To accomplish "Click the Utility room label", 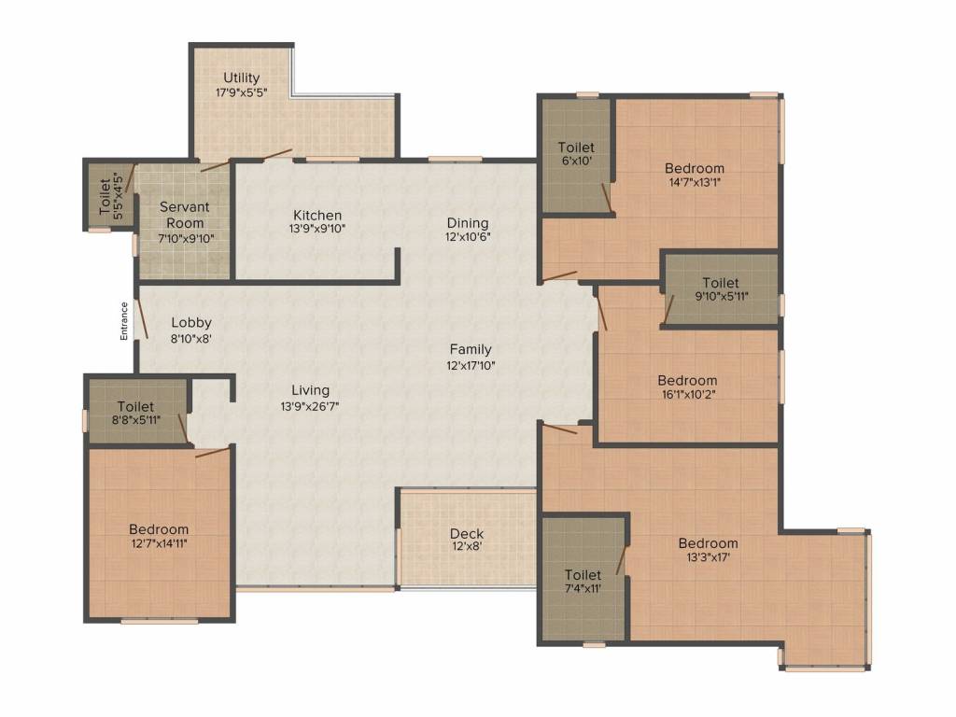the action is click(x=242, y=77).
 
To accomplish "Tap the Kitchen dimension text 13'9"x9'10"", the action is click(x=317, y=230).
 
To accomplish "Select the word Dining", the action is click(x=468, y=223).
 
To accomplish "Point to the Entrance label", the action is click(x=124, y=321).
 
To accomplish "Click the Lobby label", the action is click(x=191, y=322).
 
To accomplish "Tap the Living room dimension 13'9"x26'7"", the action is click(x=310, y=406).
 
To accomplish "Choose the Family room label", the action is click(x=471, y=349).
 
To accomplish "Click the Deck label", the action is click(x=467, y=533).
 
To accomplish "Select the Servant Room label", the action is click(x=184, y=215).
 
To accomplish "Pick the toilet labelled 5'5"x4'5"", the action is click(x=112, y=196).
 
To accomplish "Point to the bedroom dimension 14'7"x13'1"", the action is click(x=695, y=182).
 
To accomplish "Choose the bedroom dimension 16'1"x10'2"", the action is click(x=688, y=394).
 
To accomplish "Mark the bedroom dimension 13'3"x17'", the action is click(x=708, y=557).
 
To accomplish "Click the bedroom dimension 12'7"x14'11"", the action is click(x=158, y=543).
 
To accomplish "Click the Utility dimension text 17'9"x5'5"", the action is click(x=242, y=92).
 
